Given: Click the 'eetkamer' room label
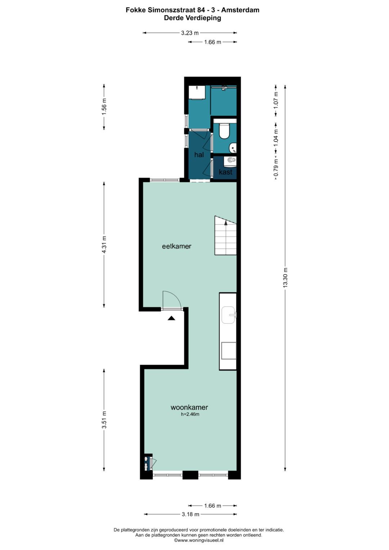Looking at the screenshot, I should [176, 246].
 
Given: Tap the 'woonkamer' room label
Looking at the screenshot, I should [189, 407].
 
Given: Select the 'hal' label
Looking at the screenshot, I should [199, 155].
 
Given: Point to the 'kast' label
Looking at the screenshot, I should [225, 172].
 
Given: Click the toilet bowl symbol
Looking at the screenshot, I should [224, 131].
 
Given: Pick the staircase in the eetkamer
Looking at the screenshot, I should [225, 236].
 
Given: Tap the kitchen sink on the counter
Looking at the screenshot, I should [228, 315].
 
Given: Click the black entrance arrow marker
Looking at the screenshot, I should [171, 318].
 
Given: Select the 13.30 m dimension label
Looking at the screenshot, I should [285, 277].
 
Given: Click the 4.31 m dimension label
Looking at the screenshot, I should [104, 245].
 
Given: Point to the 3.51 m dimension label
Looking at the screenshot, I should [104, 420].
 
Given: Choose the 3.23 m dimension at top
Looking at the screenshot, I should [190, 33].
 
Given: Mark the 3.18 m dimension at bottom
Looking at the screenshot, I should [191, 514].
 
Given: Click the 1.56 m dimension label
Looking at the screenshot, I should [104, 107].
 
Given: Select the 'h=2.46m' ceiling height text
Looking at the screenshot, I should [190, 415].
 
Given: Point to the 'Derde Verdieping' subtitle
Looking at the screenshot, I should [192, 18].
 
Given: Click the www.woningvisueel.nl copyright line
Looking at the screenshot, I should [199, 540].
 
